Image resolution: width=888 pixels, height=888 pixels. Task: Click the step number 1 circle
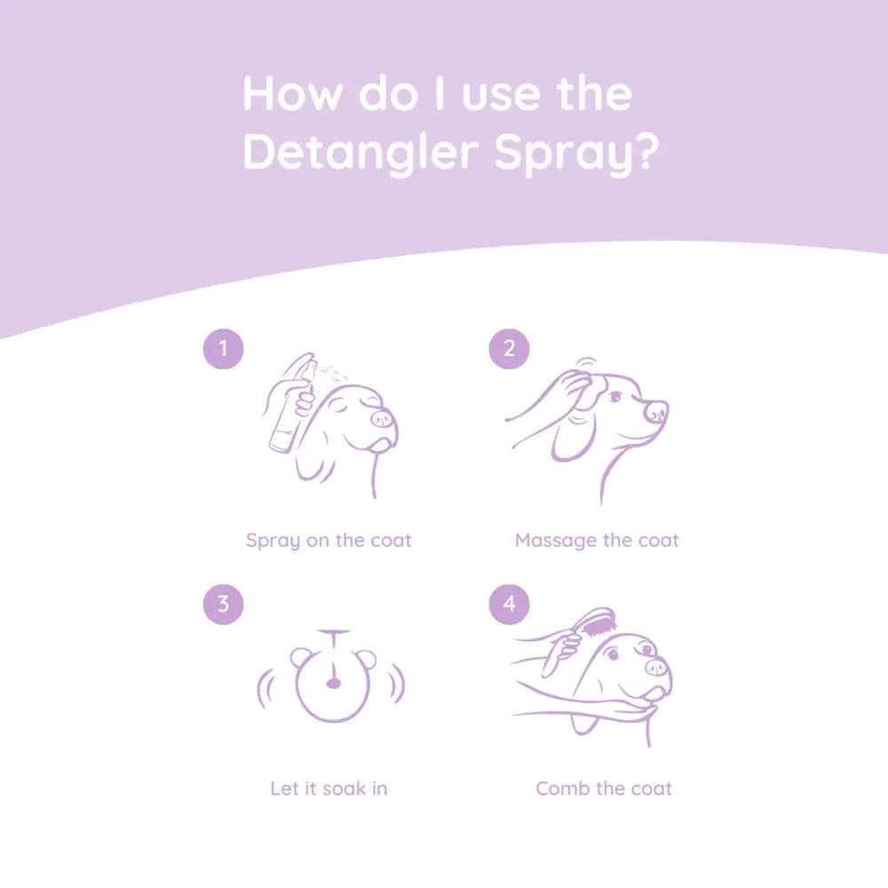click(223, 348)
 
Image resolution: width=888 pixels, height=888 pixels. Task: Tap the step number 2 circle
click(509, 348)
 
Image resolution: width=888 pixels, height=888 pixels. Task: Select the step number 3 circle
click(223, 604)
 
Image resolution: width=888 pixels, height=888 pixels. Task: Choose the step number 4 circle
click(509, 604)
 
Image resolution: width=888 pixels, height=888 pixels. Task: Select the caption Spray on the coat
click(329, 540)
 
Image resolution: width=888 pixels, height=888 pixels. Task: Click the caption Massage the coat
click(597, 540)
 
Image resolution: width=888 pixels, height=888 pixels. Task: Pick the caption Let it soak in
click(329, 788)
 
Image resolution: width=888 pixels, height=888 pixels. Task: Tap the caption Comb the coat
click(604, 788)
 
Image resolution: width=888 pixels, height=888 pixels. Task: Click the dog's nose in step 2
click(656, 411)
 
